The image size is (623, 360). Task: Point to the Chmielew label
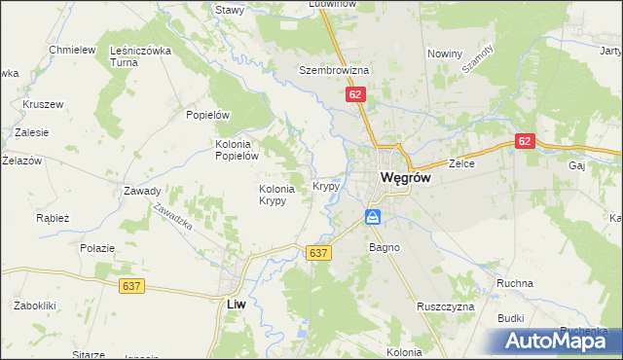click(72, 50)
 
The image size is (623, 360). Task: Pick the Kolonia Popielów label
click(236, 148)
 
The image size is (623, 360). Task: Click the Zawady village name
click(142, 191)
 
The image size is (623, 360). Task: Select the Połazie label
click(98, 248)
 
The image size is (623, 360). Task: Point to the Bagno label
click(385, 248)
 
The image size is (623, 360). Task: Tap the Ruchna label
click(514, 283)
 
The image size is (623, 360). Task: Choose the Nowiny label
click(444, 54)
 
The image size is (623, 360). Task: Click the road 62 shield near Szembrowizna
click(354, 94)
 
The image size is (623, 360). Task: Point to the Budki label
click(511, 319)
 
